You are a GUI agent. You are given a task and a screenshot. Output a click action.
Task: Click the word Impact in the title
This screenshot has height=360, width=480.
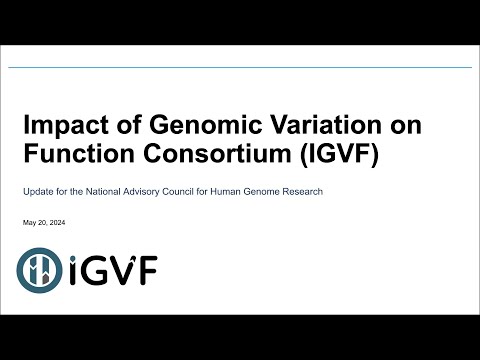coord(61,127)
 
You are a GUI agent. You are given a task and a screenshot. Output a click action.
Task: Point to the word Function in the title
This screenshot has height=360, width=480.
coord(73,156)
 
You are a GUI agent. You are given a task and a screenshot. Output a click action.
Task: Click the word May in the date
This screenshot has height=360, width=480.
coord(28,221)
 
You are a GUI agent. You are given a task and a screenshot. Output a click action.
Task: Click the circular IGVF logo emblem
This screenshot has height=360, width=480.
coord(40,268)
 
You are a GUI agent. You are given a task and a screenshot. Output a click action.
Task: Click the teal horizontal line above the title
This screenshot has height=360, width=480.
coord(240,68)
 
